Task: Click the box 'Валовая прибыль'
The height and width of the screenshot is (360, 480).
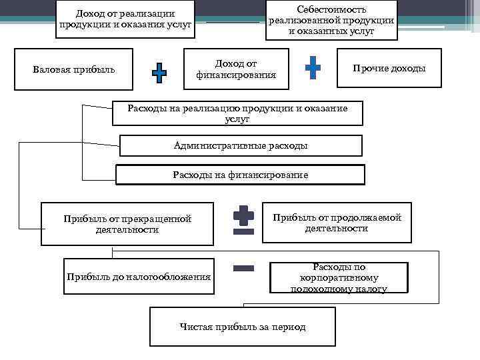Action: [74, 69]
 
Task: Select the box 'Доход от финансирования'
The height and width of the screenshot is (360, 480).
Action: [236, 69]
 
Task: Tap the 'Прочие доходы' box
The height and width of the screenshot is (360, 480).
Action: [389, 69]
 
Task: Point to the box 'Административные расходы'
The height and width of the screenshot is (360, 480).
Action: [240, 145]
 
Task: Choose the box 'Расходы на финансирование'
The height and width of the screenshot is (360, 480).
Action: [240, 175]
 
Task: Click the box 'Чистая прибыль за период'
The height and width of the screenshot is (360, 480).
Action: [243, 327]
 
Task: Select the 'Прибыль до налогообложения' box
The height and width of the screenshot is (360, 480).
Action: [139, 276]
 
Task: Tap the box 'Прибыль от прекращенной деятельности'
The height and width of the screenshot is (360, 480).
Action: [127, 224]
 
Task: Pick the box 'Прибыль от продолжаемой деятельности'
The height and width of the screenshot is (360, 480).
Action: [337, 223]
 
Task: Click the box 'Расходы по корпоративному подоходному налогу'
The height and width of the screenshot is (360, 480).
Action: [339, 277]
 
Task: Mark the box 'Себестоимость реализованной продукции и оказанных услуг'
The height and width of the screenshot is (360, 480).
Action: [331, 21]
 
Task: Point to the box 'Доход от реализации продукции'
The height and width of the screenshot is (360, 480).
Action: [125, 19]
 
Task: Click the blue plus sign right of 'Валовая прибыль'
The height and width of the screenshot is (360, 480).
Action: [159, 73]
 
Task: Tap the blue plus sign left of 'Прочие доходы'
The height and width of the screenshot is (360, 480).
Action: [313, 67]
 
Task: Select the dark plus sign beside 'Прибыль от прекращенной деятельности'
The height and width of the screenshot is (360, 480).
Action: [243, 215]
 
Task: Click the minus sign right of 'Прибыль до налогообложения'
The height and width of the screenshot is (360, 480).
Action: [244, 268]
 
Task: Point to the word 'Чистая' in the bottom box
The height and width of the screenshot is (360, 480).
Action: [195, 327]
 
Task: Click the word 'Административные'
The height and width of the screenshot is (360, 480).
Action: [211, 145]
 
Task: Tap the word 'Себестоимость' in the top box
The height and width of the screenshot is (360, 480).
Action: [331, 9]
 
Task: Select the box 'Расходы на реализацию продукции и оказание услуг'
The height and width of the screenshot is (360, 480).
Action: [237, 113]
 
